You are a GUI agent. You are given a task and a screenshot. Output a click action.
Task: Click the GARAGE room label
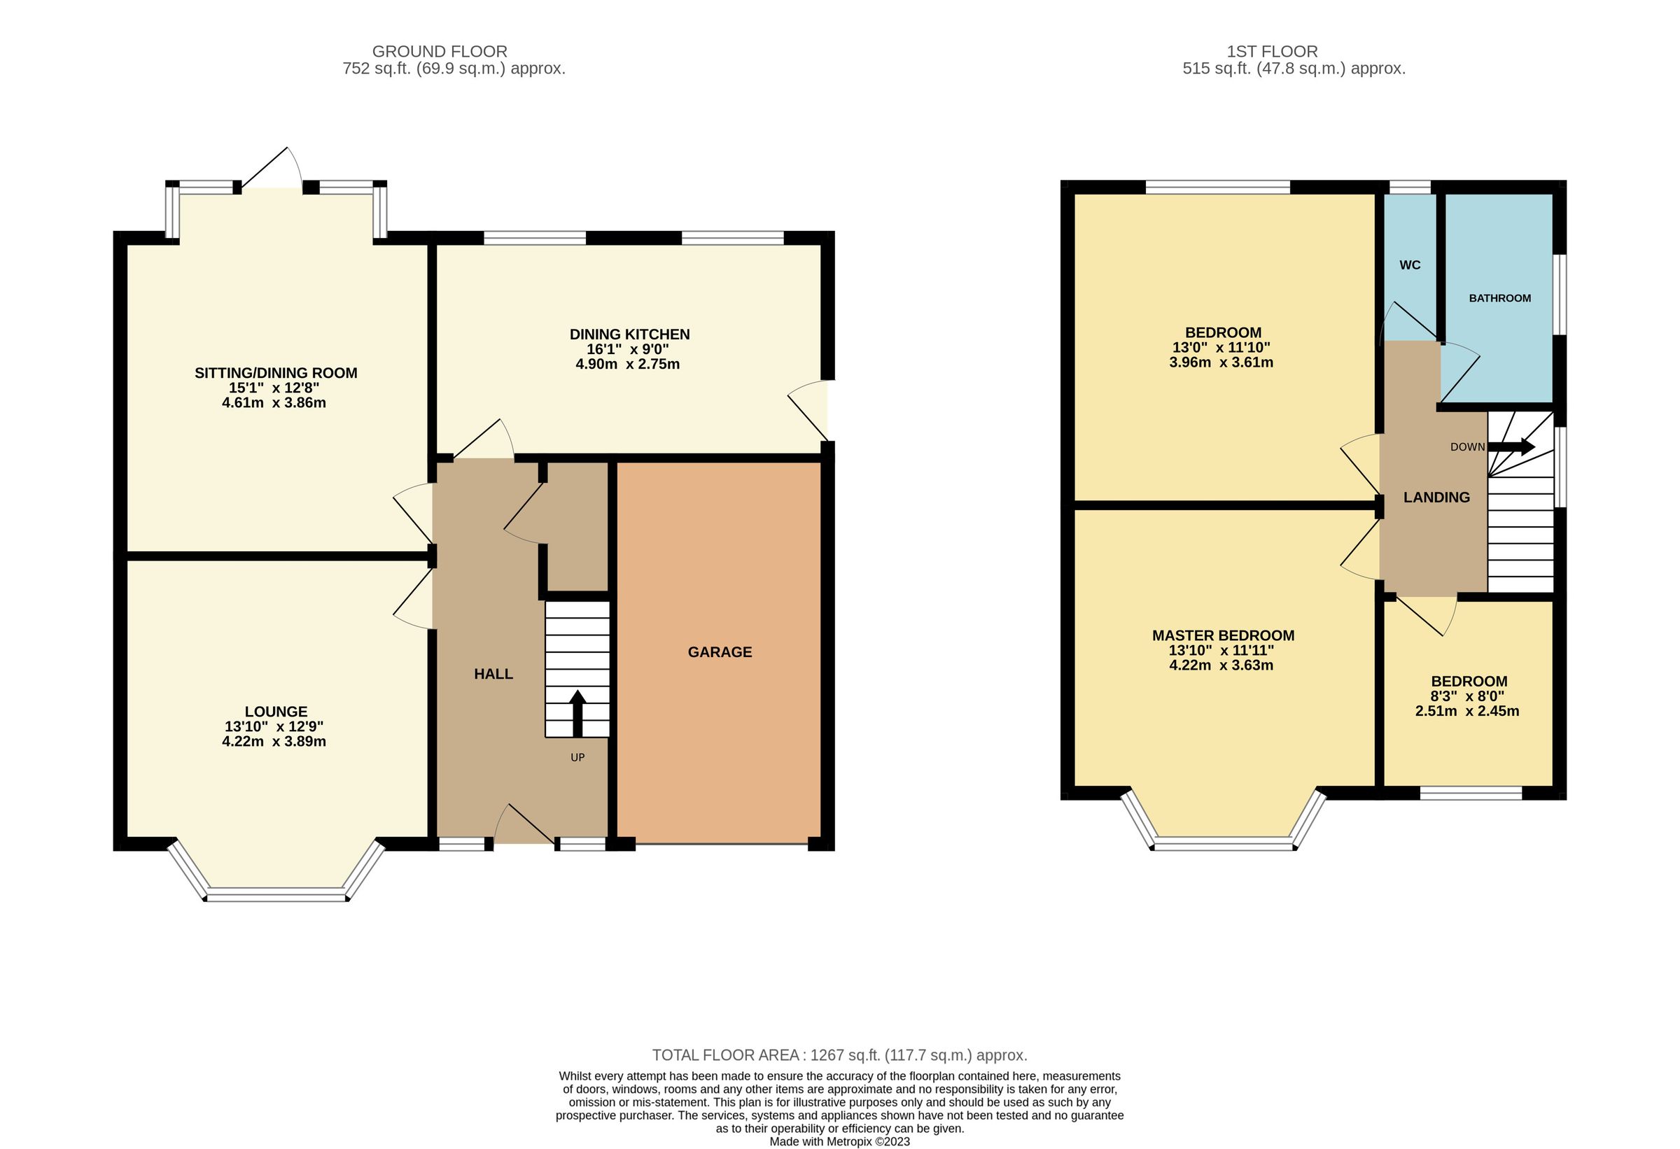tap(720, 651)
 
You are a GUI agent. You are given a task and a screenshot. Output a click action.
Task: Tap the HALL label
tap(493, 673)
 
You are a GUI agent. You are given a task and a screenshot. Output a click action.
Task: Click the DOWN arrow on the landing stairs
tap(1511, 446)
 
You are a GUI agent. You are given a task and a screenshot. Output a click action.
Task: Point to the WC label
tap(1410, 265)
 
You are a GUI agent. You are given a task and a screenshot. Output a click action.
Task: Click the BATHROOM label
tap(1499, 297)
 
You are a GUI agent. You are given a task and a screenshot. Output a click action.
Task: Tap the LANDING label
tap(1436, 498)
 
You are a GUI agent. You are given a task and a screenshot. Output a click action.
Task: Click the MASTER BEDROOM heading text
tap(1223, 635)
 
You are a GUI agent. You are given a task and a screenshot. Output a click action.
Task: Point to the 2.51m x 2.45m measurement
tap(1466, 711)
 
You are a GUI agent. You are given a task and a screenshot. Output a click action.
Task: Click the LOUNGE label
tap(275, 711)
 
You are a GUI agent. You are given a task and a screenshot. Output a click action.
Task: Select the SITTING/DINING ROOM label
tap(275, 373)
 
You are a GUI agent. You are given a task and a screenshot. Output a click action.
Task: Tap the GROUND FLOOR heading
tap(440, 51)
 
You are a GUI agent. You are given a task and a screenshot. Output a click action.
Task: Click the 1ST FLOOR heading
tap(1272, 51)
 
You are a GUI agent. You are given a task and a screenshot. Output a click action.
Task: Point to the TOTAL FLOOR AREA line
tap(839, 1055)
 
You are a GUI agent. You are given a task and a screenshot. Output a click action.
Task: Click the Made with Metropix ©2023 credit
tap(839, 1142)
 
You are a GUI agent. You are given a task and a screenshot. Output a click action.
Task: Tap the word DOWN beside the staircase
tap(1466, 447)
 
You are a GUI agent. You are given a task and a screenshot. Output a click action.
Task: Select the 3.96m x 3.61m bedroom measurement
tap(1221, 362)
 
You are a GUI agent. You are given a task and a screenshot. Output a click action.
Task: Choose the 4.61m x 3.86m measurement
tap(274, 403)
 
